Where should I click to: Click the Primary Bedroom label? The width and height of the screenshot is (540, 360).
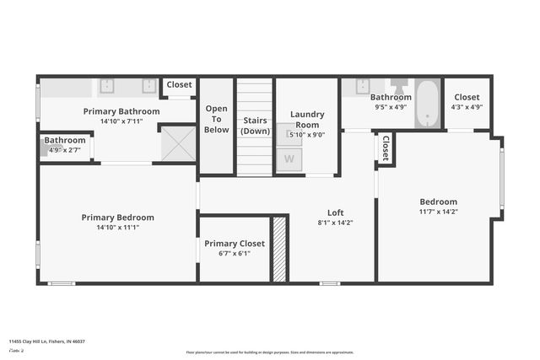117,218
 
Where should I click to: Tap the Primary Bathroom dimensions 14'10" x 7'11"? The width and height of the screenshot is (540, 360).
121,121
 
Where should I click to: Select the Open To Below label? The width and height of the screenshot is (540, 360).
216,119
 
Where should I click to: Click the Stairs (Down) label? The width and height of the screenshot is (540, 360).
254,126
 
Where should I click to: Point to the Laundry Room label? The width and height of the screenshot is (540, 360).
306,119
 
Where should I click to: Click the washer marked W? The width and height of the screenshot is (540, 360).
289,159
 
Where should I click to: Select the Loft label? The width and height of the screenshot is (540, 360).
336,212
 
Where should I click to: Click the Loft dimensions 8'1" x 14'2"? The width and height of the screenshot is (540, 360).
335,223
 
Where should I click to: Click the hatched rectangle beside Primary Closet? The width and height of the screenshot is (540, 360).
278,249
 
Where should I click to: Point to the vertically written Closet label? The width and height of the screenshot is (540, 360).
386,148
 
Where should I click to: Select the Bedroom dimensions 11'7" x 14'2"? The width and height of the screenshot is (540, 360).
438,212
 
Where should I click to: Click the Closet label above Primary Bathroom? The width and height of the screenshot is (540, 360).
178,84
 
